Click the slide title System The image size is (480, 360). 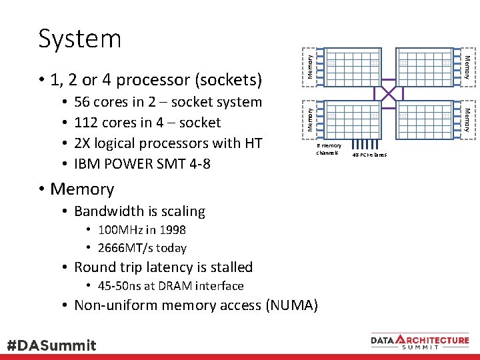[79, 39]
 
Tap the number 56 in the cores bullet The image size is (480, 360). [83, 102]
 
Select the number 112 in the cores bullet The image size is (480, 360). [85, 123]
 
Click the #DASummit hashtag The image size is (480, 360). [51, 345]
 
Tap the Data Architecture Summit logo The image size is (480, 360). [420, 341]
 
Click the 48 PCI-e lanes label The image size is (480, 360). [369, 155]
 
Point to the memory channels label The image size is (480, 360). [328, 149]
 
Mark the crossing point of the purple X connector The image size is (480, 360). [389, 93]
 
